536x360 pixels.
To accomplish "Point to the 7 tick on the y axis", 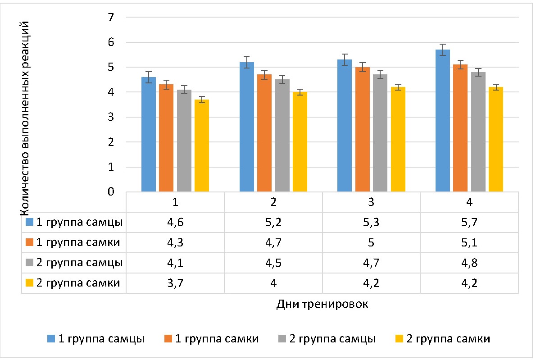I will click(111, 18).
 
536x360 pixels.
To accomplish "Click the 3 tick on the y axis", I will click(111, 117).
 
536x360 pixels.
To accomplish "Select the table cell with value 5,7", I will click(469, 222).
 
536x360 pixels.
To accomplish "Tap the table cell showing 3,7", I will click(175, 283).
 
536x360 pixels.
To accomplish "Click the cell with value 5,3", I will click(371, 222).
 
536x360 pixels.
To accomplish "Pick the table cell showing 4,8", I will click(469, 263).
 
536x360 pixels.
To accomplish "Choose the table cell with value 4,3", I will click(175, 243).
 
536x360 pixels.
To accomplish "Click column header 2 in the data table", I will click(273, 202).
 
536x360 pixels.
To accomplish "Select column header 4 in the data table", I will click(469, 202).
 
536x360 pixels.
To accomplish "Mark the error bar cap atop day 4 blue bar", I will click(443, 44).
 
